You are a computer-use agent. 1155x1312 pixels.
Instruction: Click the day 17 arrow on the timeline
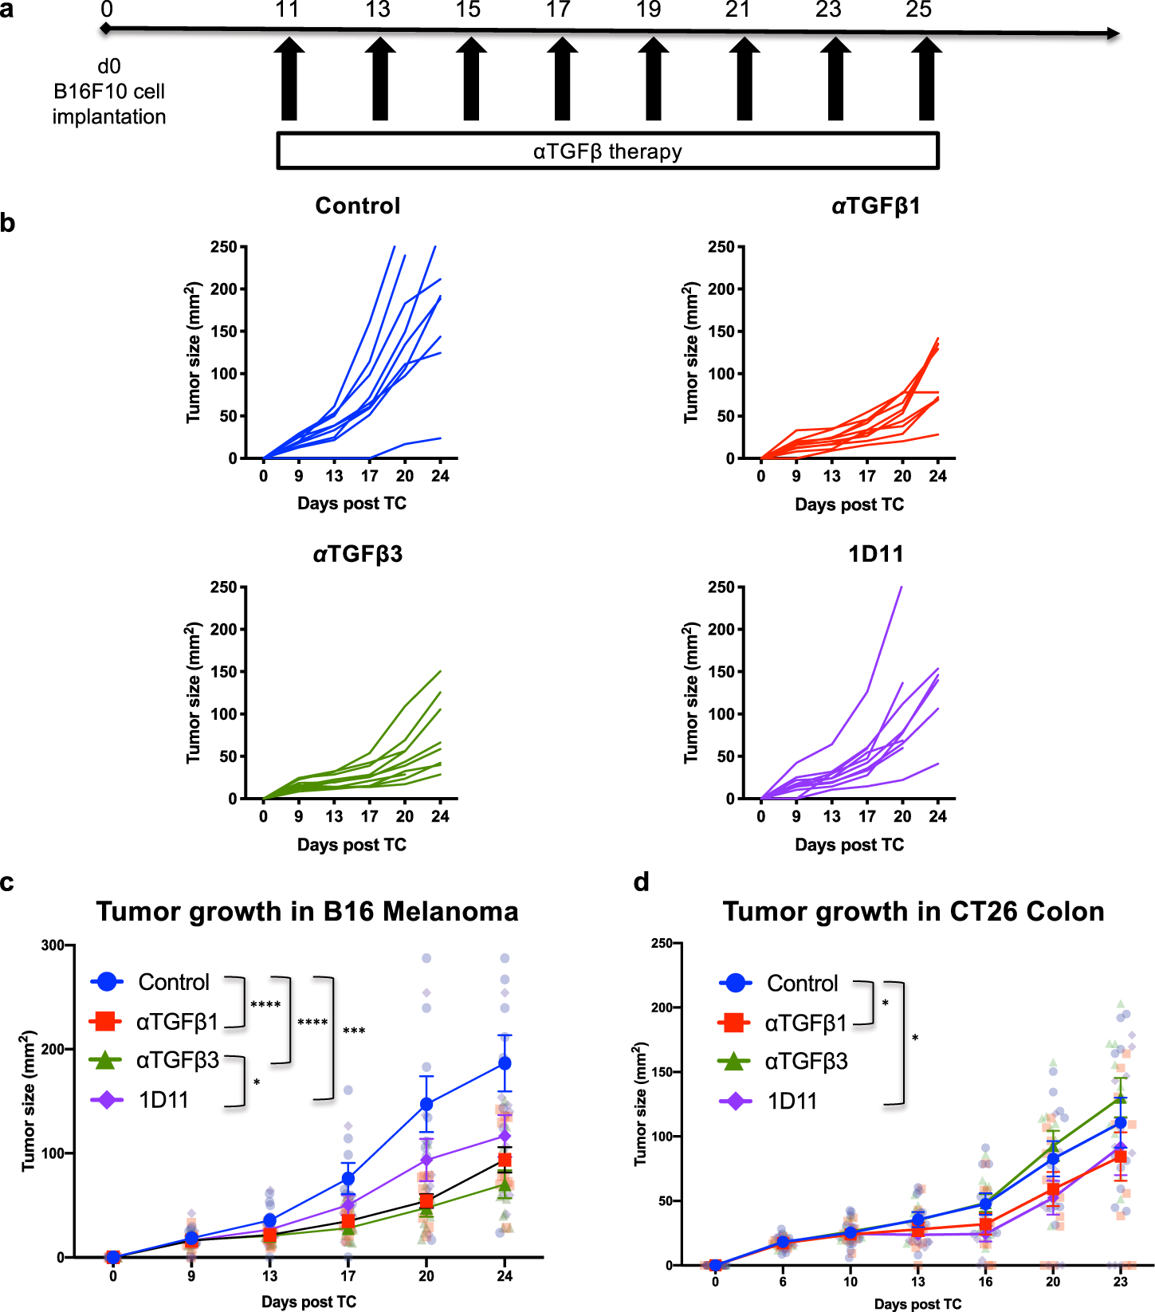point(562,80)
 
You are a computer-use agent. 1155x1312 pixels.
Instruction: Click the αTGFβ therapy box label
point(607,151)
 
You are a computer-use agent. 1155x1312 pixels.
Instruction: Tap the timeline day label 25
point(918,10)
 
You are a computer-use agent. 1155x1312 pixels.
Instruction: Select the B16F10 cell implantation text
point(109,92)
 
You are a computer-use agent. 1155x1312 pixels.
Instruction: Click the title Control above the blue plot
point(357,206)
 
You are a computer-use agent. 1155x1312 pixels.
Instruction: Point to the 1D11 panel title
point(875,554)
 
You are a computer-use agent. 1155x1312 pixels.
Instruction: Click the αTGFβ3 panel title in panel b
point(357,554)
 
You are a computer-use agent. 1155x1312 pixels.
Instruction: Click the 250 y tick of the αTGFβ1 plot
point(721,247)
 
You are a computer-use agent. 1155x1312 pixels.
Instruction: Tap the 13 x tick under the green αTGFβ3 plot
point(334,816)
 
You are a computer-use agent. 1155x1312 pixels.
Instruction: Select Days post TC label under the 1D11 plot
point(849,845)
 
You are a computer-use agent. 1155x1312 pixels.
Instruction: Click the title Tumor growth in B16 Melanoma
point(307,911)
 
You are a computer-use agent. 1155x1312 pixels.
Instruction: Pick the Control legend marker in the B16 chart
point(107,982)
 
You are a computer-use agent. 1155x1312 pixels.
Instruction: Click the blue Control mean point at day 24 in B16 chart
point(505,1063)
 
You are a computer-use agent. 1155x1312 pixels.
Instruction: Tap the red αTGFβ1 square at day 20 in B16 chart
point(426,1201)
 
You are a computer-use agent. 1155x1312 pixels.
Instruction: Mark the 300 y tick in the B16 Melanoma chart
point(53,945)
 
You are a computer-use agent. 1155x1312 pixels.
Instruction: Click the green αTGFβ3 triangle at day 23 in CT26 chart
point(1121,1098)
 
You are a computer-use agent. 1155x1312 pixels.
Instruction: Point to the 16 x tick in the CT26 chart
point(985,1282)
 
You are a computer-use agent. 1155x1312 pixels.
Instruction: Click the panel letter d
point(641,882)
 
